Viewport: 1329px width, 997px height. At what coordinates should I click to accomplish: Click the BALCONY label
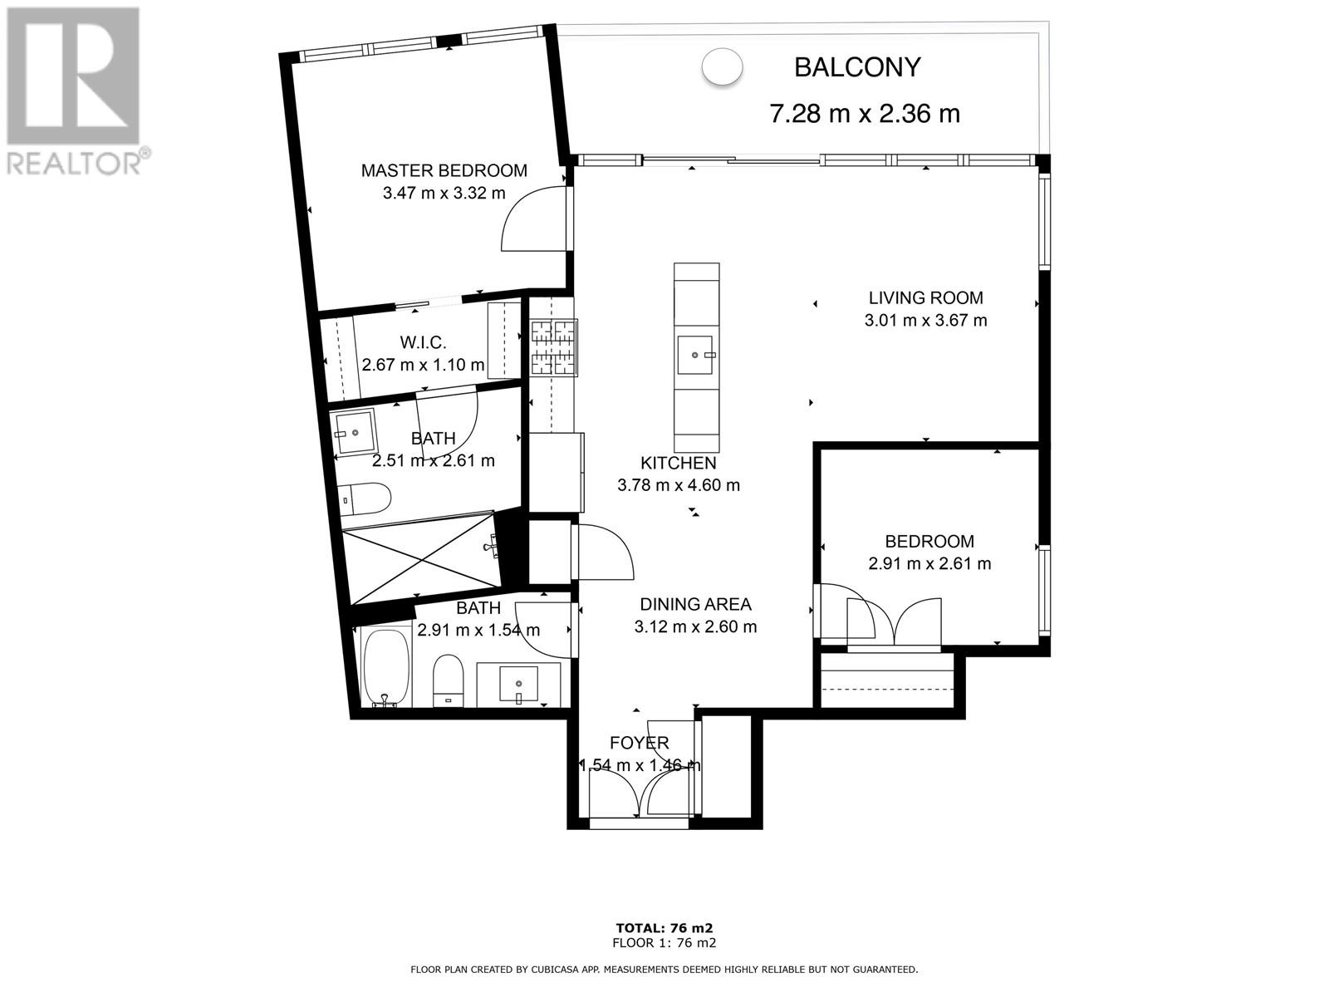click(x=856, y=67)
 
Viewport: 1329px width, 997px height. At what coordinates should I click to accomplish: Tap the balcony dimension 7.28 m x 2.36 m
click(x=864, y=114)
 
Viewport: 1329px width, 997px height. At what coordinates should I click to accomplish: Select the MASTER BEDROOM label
click(x=444, y=170)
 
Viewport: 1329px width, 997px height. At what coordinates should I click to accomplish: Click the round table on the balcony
click(x=722, y=67)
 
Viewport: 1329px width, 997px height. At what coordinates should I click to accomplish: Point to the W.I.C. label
click(x=424, y=342)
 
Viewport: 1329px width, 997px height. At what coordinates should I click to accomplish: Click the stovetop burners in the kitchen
click(x=554, y=346)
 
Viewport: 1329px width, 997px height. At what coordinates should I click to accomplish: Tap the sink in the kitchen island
click(x=696, y=356)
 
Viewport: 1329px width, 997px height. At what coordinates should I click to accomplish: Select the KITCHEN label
click(x=678, y=463)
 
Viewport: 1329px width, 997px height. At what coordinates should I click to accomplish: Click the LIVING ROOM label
click(x=926, y=297)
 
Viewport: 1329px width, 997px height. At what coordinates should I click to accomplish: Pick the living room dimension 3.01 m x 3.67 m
click(x=926, y=320)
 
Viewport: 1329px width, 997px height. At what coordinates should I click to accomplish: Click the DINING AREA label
click(x=695, y=604)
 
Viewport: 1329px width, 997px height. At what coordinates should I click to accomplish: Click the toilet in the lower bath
click(x=449, y=680)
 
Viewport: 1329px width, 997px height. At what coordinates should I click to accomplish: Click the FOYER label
click(x=639, y=743)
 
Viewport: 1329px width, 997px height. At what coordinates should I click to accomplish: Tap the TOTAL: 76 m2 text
click(x=664, y=928)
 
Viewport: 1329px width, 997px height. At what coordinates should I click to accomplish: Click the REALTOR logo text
click(x=75, y=163)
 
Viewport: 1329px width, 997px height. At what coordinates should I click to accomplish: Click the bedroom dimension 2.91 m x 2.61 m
click(x=929, y=563)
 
